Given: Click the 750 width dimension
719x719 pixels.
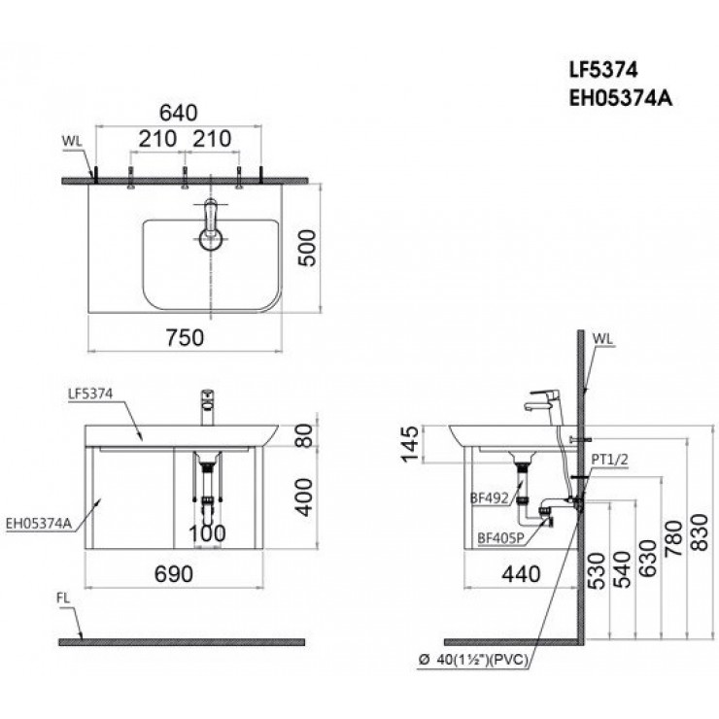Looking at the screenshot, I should pos(184,337).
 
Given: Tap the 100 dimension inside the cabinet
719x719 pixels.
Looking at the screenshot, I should pos(206,533).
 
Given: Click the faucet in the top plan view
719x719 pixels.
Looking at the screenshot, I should pos(209,226).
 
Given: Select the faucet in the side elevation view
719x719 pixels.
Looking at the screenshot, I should pos(545,400).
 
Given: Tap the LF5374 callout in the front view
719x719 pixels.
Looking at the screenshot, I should pos(91,394).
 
